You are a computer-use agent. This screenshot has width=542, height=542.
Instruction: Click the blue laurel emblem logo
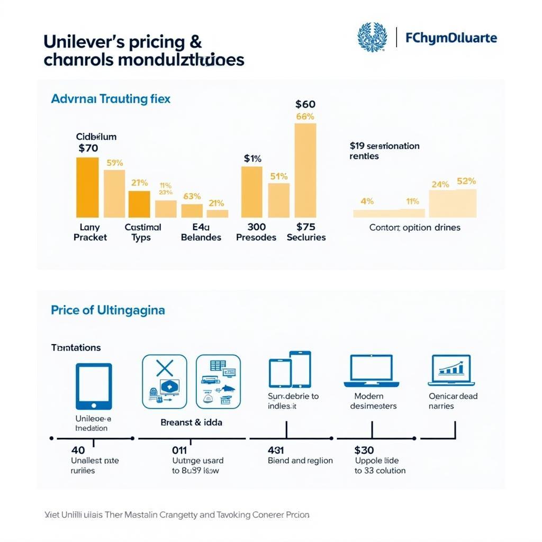click(x=372, y=37)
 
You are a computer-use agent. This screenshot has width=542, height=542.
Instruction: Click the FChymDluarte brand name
click(x=451, y=38)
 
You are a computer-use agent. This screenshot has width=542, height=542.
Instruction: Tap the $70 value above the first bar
click(x=88, y=148)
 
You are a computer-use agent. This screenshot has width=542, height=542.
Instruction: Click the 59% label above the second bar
click(x=115, y=163)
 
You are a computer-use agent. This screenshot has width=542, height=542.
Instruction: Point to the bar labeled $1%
click(x=251, y=192)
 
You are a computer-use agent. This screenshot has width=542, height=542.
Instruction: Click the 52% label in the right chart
click(x=466, y=181)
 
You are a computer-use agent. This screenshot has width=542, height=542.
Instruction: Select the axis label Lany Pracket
click(x=90, y=232)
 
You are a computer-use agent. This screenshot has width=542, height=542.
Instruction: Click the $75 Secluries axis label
click(x=306, y=232)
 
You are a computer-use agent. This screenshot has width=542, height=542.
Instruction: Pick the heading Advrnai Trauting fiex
click(x=111, y=99)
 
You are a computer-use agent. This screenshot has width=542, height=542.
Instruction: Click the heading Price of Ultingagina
click(x=107, y=310)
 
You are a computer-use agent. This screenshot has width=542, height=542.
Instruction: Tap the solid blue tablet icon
click(x=94, y=386)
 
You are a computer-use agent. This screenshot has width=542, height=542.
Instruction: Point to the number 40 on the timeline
click(x=78, y=450)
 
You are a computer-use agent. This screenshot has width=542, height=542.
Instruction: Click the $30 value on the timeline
click(x=364, y=450)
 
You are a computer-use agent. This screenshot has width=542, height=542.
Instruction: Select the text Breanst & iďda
click(x=191, y=422)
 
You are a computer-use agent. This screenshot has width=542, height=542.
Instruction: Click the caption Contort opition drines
click(x=414, y=228)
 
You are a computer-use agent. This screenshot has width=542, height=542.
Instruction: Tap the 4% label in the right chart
click(x=367, y=201)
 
